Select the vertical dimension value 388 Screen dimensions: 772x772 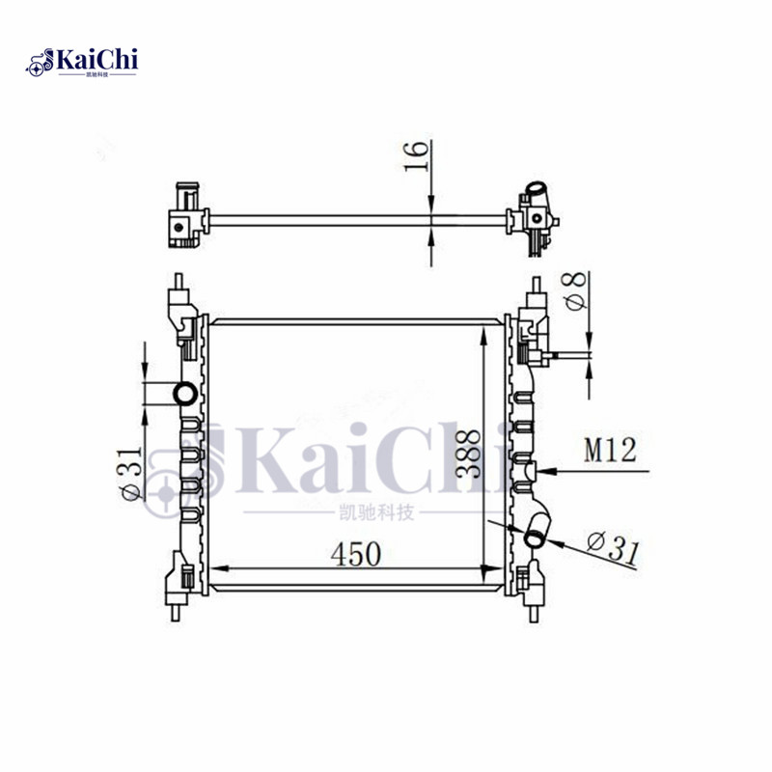469,453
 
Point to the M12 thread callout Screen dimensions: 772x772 610,451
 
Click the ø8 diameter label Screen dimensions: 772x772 572,291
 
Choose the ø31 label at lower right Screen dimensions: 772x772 610,551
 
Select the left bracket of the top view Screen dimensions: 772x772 183,217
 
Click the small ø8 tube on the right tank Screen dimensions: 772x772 558,359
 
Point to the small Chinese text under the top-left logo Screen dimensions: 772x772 97,74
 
